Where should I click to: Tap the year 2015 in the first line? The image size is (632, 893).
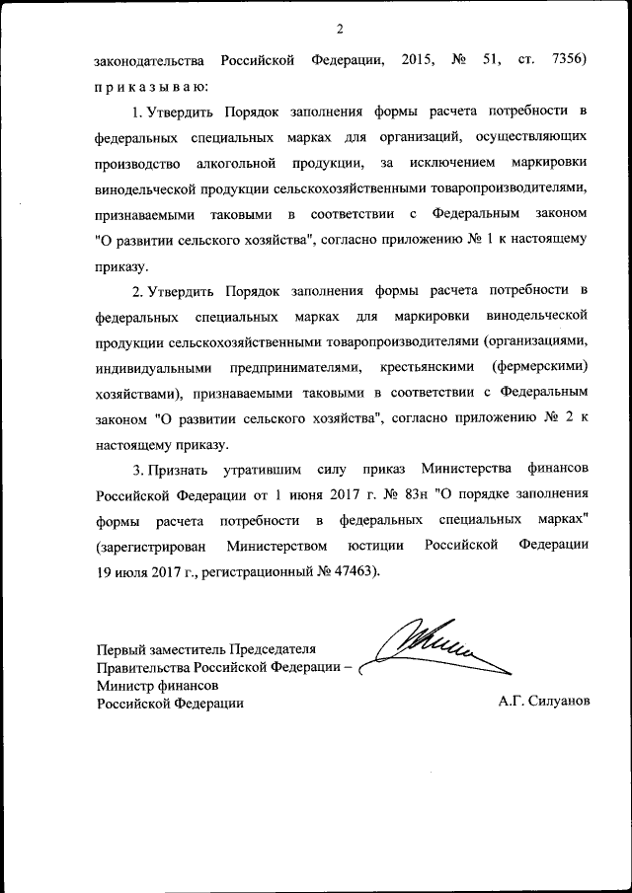click(x=420, y=61)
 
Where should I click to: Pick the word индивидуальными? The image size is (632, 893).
click(x=148, y=367)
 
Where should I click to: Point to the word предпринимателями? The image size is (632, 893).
click(x=286, y=367)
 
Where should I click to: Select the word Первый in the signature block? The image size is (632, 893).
click(x=118, y=648)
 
